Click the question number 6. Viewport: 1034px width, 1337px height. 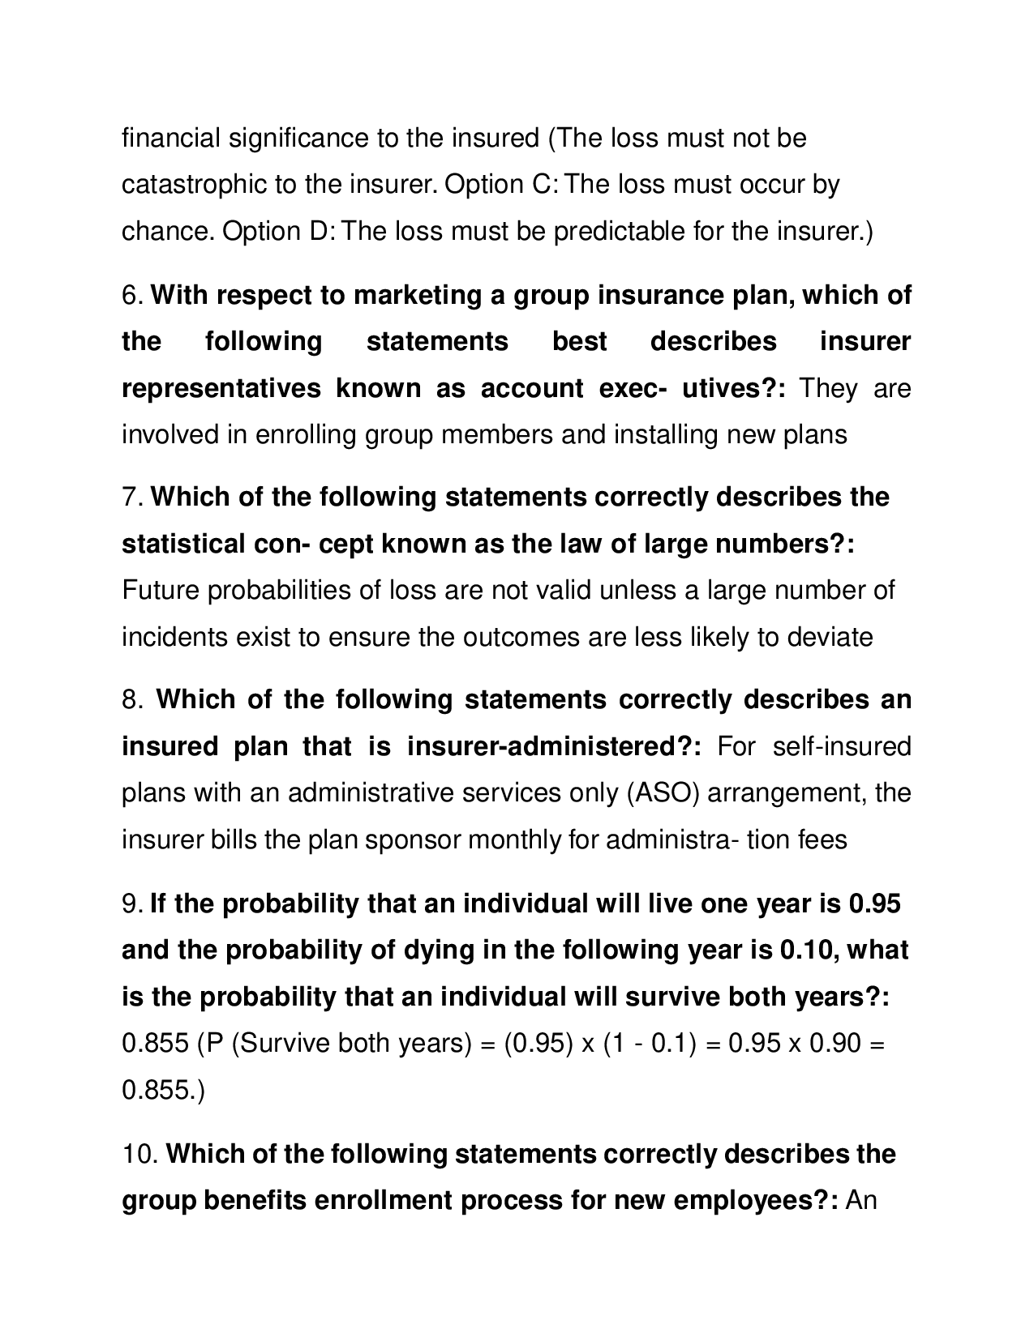coord(132,296)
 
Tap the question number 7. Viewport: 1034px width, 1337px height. coord(132,497)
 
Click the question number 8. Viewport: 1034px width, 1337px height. coord(132,699)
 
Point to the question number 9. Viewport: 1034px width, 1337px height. coord(132,903)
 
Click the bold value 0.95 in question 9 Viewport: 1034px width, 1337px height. coord(874,903)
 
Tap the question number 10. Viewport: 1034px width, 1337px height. coord(139,1154)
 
